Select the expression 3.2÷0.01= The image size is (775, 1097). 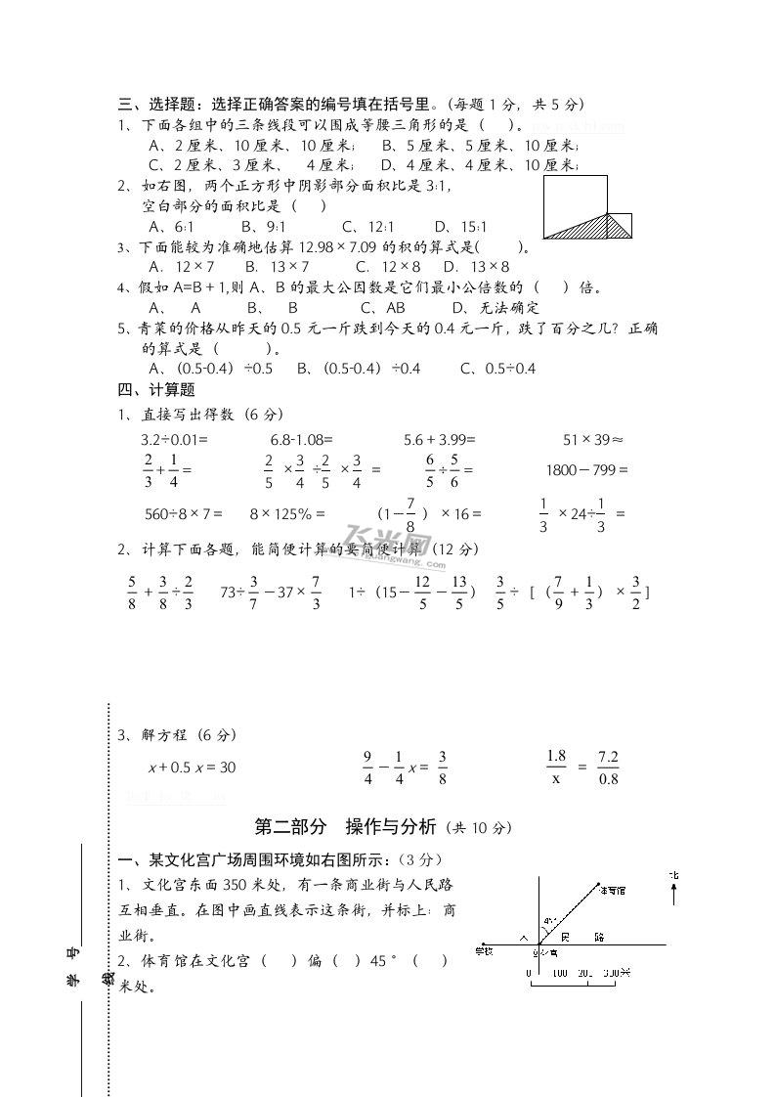[x=176, y=439]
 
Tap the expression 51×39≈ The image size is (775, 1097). [x=593, y=439]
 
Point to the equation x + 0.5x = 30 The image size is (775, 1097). [x=192, y=768]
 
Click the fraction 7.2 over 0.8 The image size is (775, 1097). [x=608, y=768]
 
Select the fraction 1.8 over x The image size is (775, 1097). [x=556, y=768]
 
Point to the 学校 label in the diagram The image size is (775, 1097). [x=484, y=949]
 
